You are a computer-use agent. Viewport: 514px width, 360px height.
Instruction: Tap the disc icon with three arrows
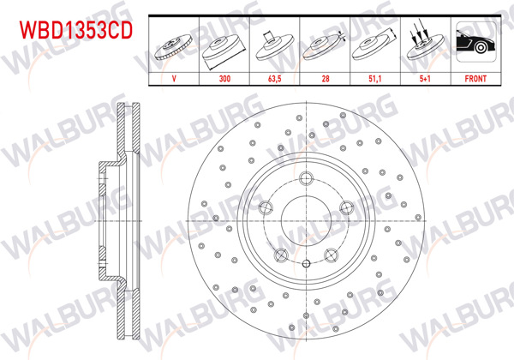[x=423, y=43]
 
